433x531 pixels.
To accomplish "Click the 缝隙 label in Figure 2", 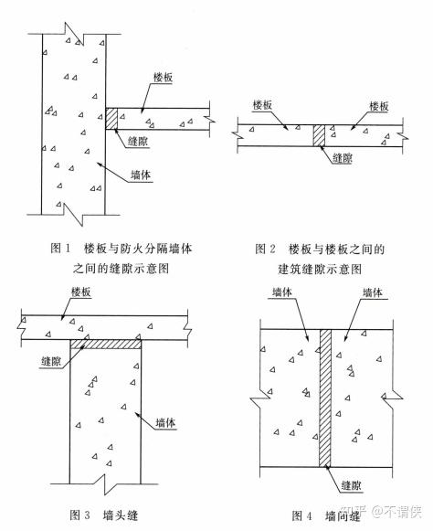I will tap(343, 157).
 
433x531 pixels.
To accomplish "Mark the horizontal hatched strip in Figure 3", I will tap(107, 344).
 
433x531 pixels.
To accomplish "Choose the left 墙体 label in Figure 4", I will tap(282, 293).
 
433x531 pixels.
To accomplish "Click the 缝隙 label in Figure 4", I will tap(351, 486).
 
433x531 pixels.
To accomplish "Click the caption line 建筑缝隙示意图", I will tap(320, 270).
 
